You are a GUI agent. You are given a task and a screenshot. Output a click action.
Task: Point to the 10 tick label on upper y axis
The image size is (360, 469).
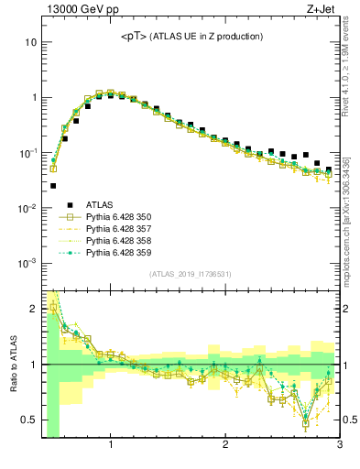[x=31, y=42]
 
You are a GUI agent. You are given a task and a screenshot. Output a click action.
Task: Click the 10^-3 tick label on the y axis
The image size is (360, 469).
[x=27, y=263]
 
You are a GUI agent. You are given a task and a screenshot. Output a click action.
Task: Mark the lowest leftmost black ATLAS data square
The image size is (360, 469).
[x=53, y=186]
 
